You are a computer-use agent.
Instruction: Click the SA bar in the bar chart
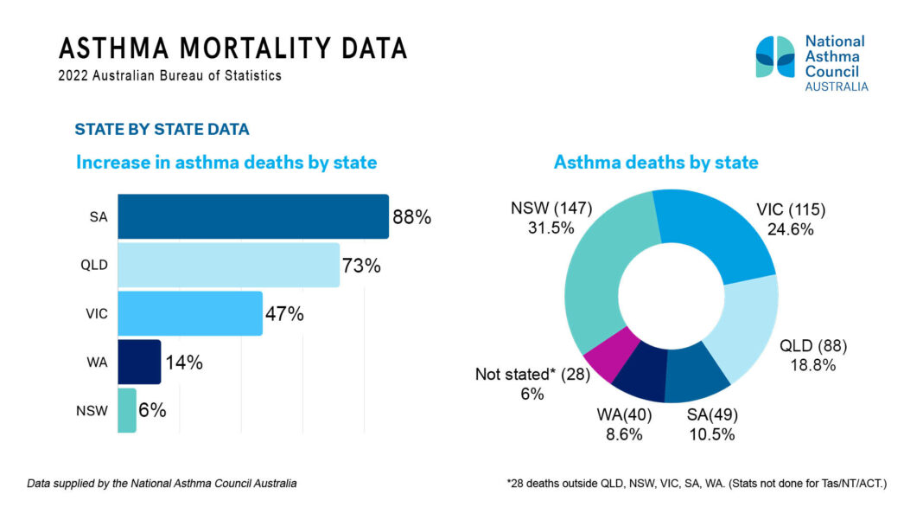[252, 216]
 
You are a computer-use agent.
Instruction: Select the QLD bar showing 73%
[228, 265]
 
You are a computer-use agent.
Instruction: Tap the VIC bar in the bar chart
[189, 313]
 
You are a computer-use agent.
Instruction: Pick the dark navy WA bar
[138, 362]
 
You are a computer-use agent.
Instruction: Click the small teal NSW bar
[126, 410]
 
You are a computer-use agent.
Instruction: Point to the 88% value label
[411, 217]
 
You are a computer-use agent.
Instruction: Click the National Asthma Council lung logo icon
[774, 57]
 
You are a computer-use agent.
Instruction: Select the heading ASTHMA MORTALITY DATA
[233, 48]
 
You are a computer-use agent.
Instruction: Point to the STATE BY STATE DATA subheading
[162, 130]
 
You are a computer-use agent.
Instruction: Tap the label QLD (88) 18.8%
[813, 356]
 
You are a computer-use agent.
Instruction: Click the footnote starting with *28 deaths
[697, 484]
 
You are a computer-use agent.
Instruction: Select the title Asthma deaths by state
[656, 162]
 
